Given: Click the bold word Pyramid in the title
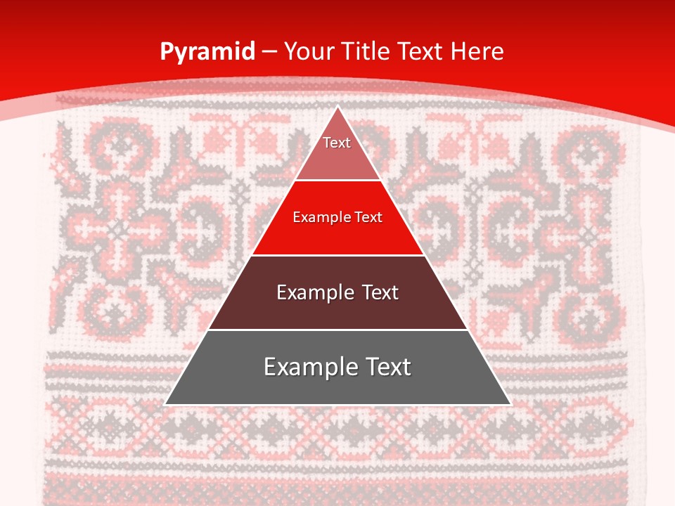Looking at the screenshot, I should [207, 52].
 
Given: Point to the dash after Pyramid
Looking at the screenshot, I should [269, 52].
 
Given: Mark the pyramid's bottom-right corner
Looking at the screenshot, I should [510, 404].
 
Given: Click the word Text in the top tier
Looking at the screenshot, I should [337, 143].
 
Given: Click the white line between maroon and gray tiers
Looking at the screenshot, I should [337, 330].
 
